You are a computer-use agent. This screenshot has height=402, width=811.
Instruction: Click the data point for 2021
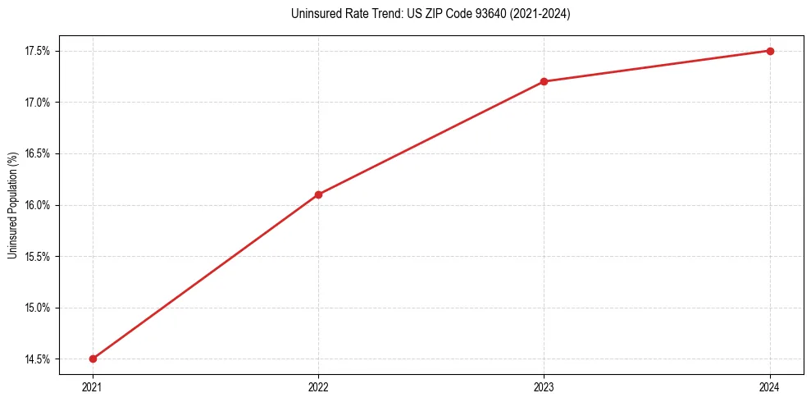(x=93, y=359)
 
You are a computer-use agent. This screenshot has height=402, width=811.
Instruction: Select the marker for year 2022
(x=318, y=194)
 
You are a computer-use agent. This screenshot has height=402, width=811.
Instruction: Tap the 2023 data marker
(x=544, y=81)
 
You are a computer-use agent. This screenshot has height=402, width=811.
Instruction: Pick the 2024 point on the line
(x=770, y=51)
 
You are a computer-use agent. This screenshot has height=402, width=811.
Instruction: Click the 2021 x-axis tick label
(x=93, y=387)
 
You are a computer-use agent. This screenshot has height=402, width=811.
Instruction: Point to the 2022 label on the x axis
(x=318, y=387)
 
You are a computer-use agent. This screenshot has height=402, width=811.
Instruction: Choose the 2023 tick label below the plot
(x=544, y=387)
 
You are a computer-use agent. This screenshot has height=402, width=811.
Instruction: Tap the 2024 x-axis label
(x=770, y=387)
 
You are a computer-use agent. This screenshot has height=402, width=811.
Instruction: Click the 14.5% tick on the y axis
(x=38, y=359)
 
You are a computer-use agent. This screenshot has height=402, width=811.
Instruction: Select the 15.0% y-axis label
(x=38, y=308)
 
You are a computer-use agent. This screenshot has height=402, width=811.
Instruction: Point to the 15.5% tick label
(x=38, y=257)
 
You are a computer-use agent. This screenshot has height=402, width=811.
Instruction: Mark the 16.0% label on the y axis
(x=38, y=205)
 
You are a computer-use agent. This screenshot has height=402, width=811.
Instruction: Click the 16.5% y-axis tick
(x=38, y=153)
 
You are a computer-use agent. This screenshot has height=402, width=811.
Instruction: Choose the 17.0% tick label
(x=38, y=103)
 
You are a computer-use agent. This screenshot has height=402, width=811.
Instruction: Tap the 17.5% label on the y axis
(x=38, y=51)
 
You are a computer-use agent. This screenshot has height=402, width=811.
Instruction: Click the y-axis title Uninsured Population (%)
(x=12, y=205)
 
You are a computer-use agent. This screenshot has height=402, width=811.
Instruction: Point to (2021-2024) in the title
(x=537, y=14)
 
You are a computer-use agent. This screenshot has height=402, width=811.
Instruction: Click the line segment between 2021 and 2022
(x=205, y=276)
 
